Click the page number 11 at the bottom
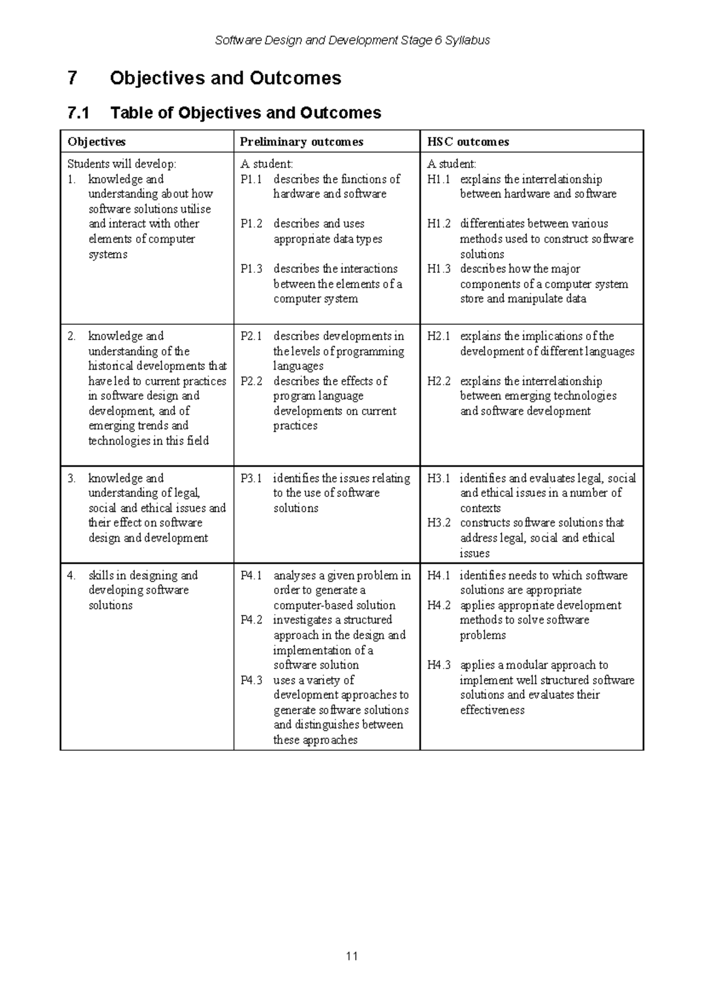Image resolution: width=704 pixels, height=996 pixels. [352, 956]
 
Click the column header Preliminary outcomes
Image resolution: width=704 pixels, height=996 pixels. [302, 142]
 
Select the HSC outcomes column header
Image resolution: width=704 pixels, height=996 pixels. [468, 142]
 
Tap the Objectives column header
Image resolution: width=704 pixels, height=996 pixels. [96, 142]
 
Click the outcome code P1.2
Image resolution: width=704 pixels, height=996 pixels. [251, 224]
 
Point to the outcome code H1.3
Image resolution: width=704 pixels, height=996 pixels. [438, 269]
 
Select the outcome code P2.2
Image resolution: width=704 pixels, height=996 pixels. [251, 381]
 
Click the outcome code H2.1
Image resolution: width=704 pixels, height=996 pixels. [438, 337]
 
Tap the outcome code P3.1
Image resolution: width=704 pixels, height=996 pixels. [251, 479]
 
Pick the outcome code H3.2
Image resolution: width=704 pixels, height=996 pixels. [438, 523]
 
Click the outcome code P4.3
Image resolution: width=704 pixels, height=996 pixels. [251, 680]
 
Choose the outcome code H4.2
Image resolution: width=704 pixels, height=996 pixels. [438, 605]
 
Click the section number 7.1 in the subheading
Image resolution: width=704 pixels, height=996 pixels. [79, 113]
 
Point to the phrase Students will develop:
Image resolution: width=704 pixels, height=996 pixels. [121, 164]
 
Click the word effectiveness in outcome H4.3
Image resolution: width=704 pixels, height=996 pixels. [492, 710]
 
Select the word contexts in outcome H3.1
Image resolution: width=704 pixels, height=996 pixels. [480, 509]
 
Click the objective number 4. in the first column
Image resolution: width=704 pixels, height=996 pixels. [72, 575]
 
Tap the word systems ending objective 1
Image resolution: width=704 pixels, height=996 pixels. [107, 255]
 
